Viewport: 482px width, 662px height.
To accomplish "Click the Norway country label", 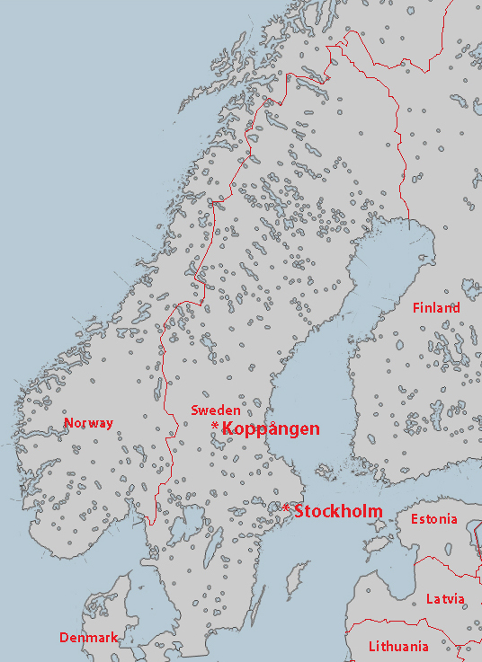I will pyautogui.click(x=88, y=422).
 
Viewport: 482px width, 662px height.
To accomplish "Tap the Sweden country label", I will pyautogui.click(x=215, y=410).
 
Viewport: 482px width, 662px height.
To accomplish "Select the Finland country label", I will pyautogui.click(x=436, y=307).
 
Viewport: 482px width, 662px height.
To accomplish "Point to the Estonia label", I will pyautogui.click(x=433, y=519).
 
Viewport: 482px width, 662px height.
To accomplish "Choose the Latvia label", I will pyautogui.click(x=445, y=598).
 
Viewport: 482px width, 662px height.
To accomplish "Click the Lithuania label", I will pyautogui.click(x=398, y=646).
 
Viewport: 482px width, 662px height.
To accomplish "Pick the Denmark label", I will pyautogui.click(x=88, y=638).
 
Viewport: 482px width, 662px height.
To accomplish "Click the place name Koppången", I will pyautogui.click(x=270, y=428).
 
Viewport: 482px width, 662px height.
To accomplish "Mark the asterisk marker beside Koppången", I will pyautogui.click(x=214, y=426).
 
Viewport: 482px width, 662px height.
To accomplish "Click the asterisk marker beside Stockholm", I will pyautogui.click(x=286, y=509).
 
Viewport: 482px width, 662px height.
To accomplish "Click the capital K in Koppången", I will pyautogui.click(x=228, y=428).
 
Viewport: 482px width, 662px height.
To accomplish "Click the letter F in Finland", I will pyautogui.click(x=416, y=307).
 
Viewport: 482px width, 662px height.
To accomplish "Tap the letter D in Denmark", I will pyautogui.click(x=64, y=638).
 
